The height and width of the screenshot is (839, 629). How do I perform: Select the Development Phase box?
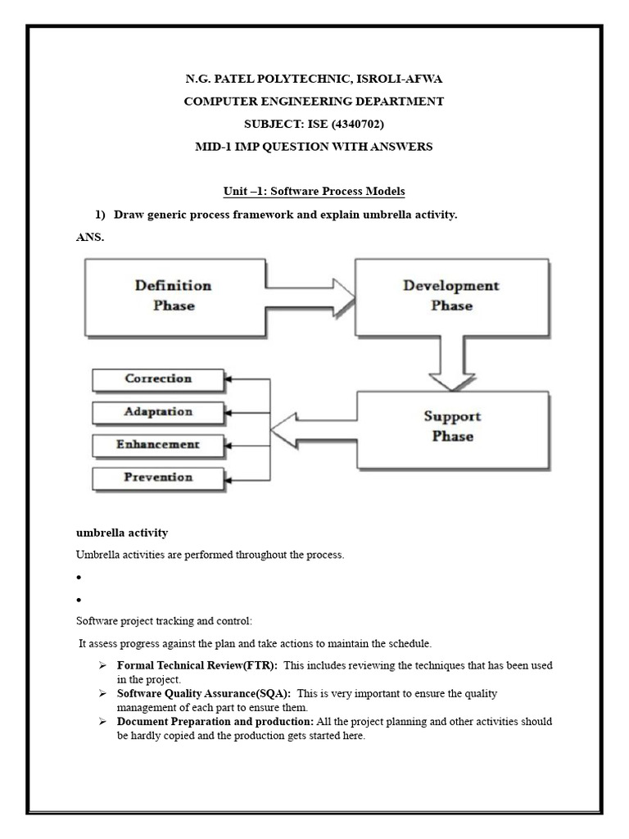coord(450,296)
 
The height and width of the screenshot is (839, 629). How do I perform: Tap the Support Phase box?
coord(452,426)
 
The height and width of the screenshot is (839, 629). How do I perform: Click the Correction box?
coord(158,379)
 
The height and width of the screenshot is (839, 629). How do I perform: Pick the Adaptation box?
coord(158,412)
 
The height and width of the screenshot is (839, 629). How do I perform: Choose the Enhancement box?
coord(158,445)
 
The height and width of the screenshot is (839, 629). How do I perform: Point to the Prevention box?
coord(158,478)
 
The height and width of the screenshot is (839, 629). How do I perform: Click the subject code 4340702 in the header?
coord(354,124)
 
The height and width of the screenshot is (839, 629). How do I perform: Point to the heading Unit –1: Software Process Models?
coord(314,192)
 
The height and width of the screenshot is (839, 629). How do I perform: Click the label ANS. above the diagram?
coord(91,238)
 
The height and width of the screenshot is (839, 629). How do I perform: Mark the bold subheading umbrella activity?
coord(122,533)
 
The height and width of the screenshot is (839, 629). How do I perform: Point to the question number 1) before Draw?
coord(101,215)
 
